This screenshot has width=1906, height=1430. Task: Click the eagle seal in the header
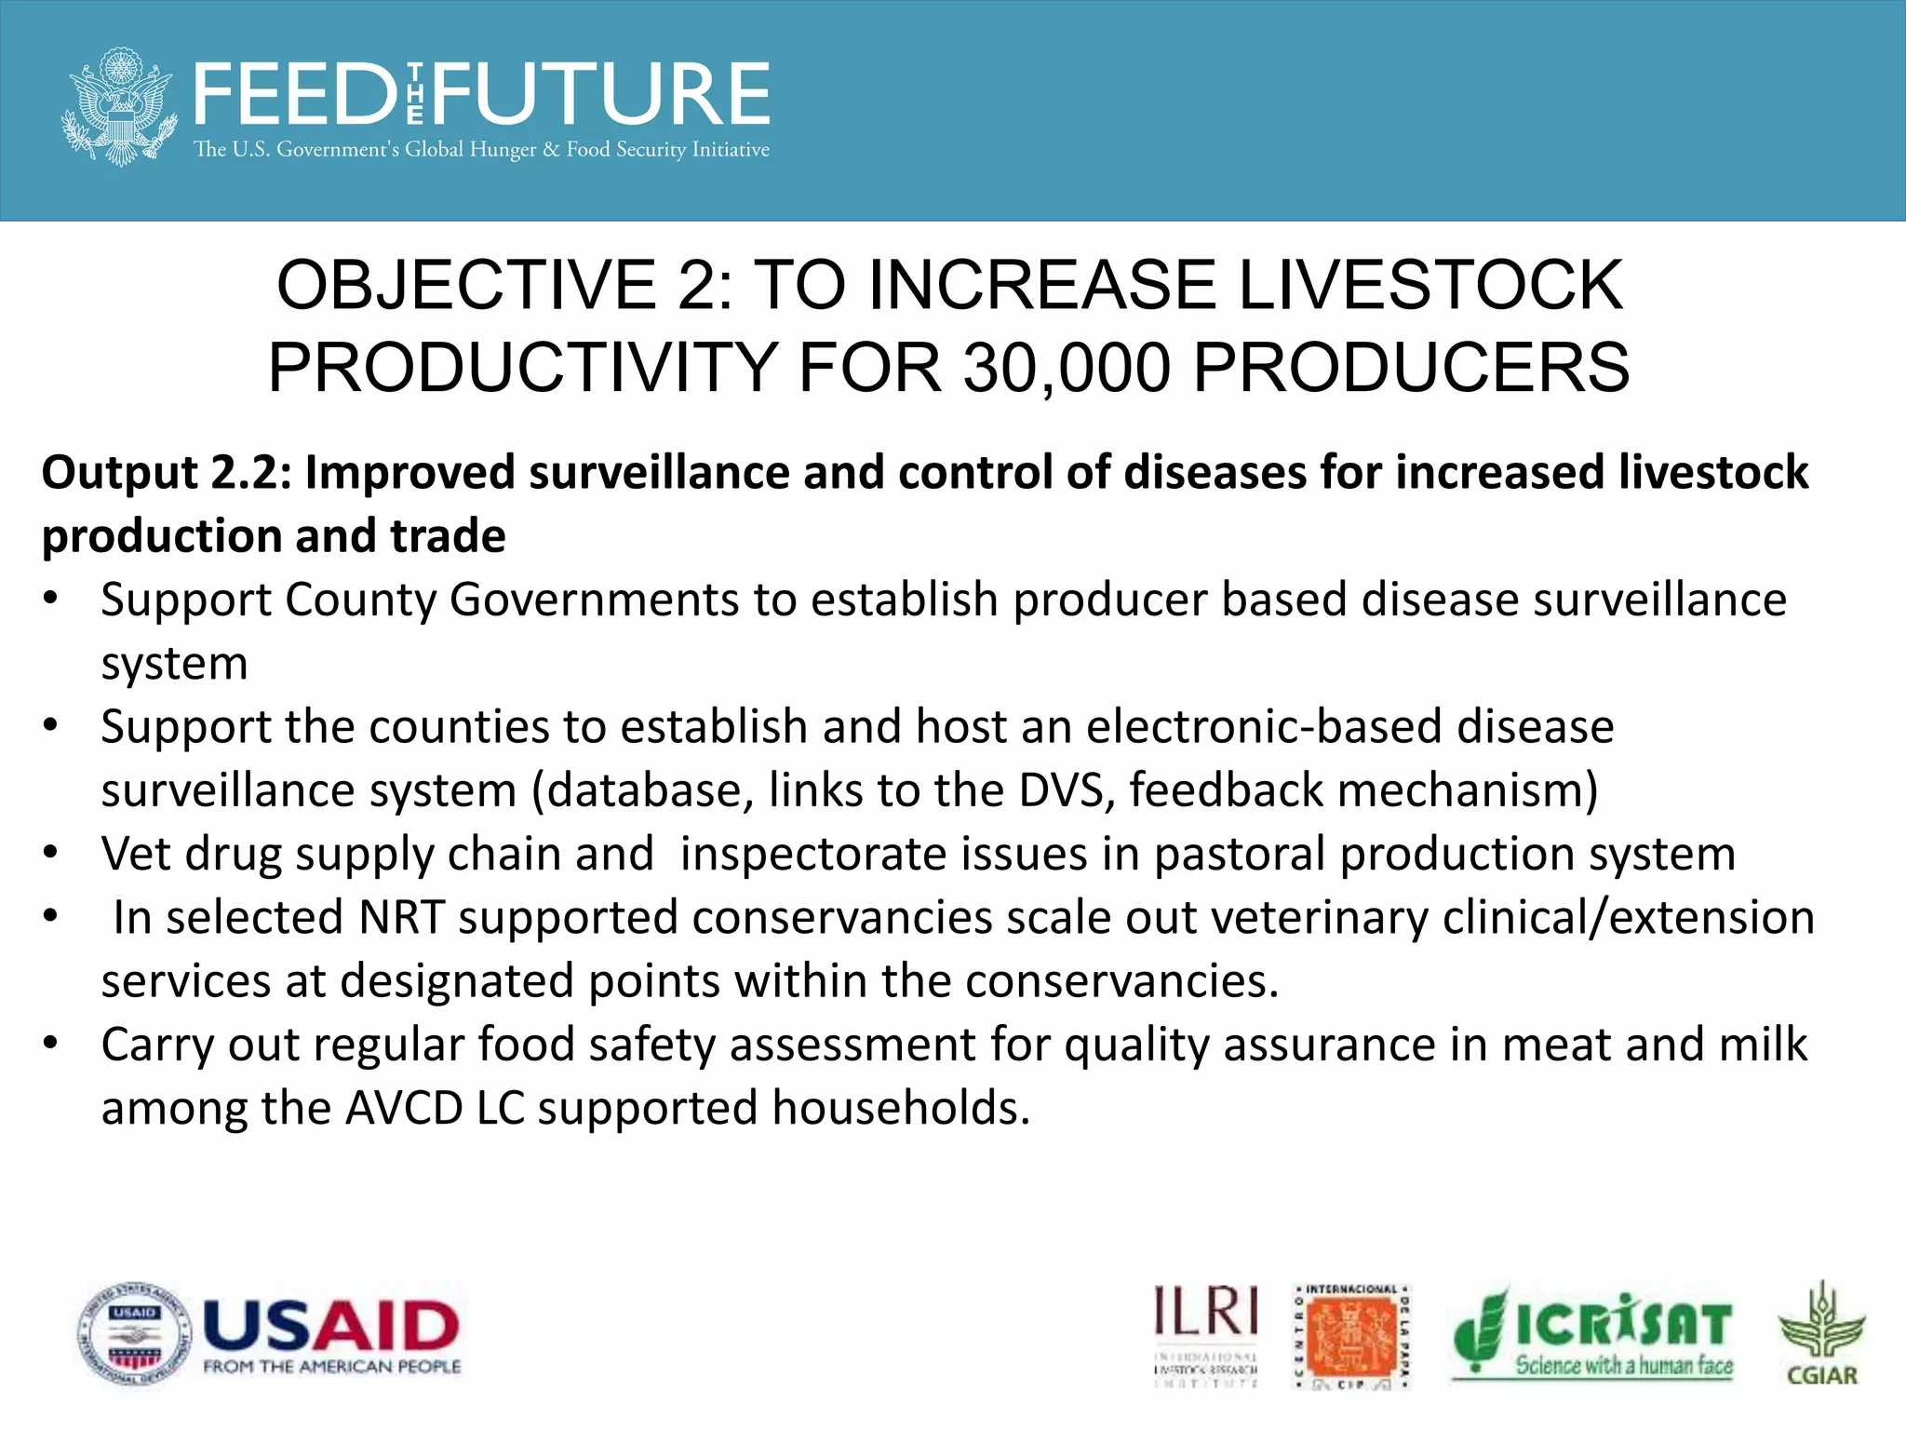119,107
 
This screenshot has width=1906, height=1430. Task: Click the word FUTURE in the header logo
601,95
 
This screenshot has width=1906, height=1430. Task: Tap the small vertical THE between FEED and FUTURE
415,95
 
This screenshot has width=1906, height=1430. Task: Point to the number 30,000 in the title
1066,368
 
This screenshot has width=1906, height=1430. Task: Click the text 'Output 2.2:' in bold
168,473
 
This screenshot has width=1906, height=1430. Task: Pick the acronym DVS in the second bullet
1067,790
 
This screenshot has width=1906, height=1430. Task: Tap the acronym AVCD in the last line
404,1109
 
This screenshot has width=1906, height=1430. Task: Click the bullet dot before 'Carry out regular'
51,1044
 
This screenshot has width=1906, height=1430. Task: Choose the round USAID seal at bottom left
135,1334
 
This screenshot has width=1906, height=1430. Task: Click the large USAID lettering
331,1325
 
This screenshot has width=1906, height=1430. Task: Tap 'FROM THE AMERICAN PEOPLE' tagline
332,1367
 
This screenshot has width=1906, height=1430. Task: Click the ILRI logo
1206,1333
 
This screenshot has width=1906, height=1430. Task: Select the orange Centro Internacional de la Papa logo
1352,1336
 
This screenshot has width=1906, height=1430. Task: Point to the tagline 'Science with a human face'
1624,1366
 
